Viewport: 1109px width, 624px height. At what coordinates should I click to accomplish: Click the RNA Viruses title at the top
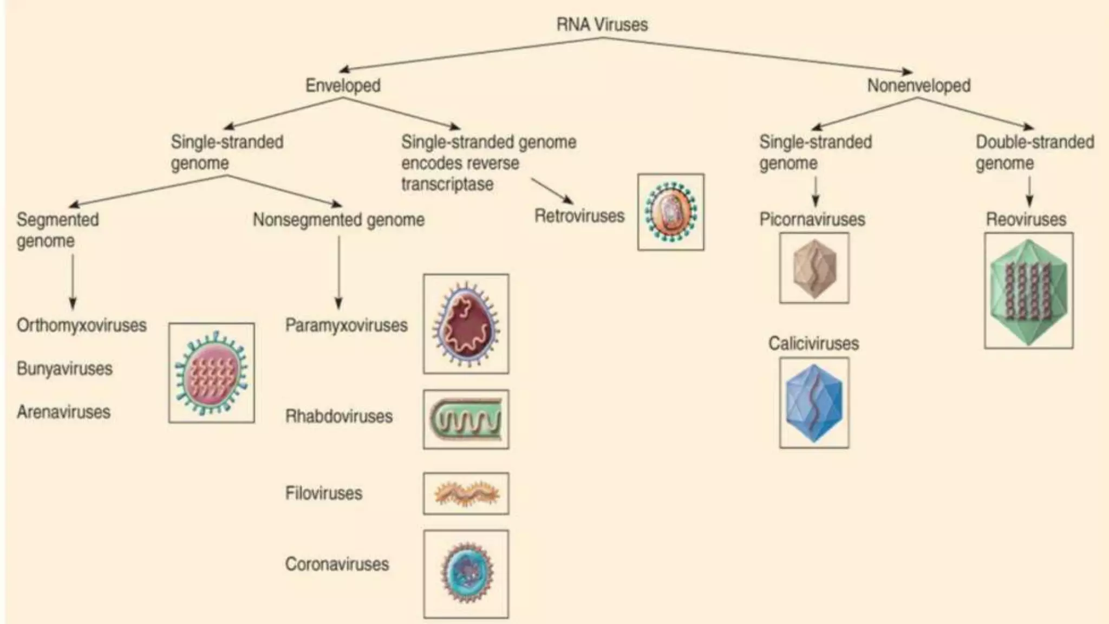602,24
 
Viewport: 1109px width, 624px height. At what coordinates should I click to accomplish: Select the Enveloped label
343,85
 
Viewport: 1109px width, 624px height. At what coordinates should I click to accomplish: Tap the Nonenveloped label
918,85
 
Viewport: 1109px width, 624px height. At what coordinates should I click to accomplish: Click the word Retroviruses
579,216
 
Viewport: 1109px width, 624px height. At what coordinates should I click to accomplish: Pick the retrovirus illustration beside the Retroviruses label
670,212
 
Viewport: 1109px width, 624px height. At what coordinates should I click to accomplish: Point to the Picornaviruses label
812,219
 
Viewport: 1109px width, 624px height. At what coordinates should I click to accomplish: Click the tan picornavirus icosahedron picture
814,268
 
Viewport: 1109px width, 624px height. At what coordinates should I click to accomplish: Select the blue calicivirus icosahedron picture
814,402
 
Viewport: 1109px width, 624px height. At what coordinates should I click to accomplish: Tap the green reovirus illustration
1028,290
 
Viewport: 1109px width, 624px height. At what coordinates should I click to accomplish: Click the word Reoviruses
1026,219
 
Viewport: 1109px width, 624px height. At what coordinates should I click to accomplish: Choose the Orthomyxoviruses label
82,325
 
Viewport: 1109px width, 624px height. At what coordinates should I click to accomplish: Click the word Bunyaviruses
64,368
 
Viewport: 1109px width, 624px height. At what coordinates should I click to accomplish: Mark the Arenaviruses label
63,412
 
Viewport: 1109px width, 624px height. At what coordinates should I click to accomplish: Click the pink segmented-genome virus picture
211,373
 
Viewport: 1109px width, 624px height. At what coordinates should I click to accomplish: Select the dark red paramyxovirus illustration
466,324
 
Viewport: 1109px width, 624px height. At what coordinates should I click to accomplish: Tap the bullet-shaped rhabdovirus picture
466,419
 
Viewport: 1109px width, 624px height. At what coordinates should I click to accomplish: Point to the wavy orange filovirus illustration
466,493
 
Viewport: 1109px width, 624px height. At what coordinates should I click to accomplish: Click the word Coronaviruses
337,564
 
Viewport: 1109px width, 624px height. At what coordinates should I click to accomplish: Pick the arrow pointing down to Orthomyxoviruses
73,282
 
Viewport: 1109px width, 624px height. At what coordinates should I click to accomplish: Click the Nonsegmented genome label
338,219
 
